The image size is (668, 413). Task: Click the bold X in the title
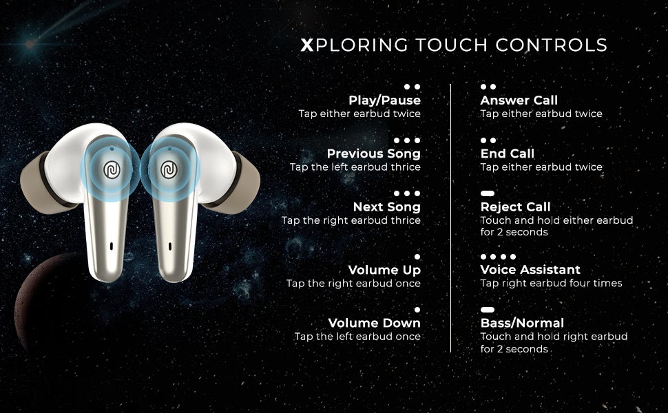pyautogui.click(x=307, y=45)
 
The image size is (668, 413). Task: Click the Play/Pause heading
pyautogui.click(x=384, y=100)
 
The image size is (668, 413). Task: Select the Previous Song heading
pyautogui.click(x=373, y=153)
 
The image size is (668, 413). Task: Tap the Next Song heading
pyautogui.click(x=386, y=206)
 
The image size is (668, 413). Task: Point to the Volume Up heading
pyautogui.click(x=384, y=270)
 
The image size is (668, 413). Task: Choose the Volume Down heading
pyautogui.click(x=374, y=323)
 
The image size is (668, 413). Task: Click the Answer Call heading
pyautogui.click(x=519, y=100)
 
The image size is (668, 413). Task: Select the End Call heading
pyautogui.click(x=507, y=153)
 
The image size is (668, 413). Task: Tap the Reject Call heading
pyautogui.click(x=515, y=206)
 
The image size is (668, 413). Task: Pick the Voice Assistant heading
pyautogui.click(x=530, y=270)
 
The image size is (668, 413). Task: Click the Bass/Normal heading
pyautogui.click(x=522, y=323)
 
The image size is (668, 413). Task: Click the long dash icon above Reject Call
pyautogui.click(x=488, y=194)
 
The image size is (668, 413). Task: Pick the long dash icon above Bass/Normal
pyautogui.click(x=488, y=310)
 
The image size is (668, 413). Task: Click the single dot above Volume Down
pyautogui.click(x=417, y=310)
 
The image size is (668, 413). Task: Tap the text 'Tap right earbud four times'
pyautogui.click(x=551, y=284)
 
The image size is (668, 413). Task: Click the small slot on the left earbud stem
pyautogui.click(x=111, y=245)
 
